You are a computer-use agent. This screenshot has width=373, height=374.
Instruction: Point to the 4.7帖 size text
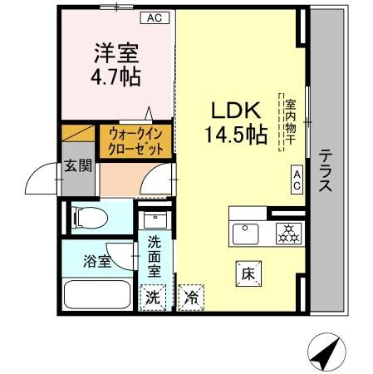tap(115, 77)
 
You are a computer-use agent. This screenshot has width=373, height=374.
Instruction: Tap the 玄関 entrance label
tap(74, 163)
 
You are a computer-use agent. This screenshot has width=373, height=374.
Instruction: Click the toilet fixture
tap(87, 219)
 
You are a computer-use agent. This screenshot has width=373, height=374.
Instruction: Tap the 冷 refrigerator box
tap(191, 296)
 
